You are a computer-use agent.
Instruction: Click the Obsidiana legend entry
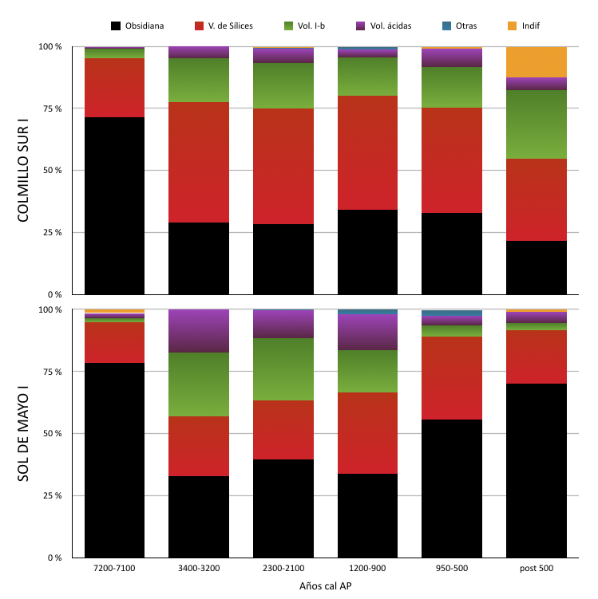pyautogui.click(x=137, y=26)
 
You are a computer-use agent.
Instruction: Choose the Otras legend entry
pyautogui.click(x=459, y=26)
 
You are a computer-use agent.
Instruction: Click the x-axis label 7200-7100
pyautogui.click(x=114, y=569)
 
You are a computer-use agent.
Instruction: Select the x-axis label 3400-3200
pyautogui.click(x=199, y=569)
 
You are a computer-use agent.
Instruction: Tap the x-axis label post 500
pyautogui.click(x=537, y=569)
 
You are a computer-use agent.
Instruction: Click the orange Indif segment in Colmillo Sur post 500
pyautogui.click(x=537, y=62)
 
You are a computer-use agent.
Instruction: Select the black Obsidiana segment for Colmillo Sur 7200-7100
pyautogui.click(x=114, y=206)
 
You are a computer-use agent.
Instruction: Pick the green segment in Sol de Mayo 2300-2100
pyautogui.click(x=283, y=369)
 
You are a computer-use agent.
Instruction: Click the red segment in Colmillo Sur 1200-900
pyautogui.click(x=367, y=152)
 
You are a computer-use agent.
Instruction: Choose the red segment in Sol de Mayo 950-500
pyautogui.click(x=452, y=378)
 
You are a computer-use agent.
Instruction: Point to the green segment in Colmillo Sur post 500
pyautogui.click(x=537, y=124)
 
